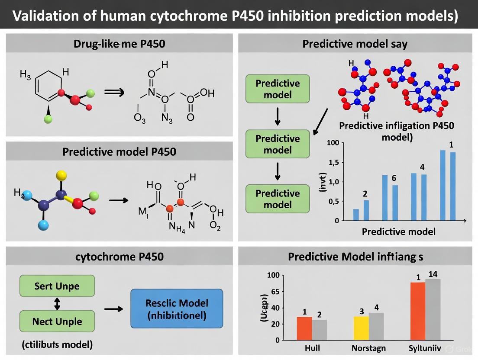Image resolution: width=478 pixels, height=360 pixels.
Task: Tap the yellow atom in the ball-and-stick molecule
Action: [x=61, y=175]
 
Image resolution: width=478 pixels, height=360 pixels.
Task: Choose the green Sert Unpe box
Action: [x=57, y=286]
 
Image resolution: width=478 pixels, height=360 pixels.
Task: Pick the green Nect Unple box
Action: [x=57, y=321]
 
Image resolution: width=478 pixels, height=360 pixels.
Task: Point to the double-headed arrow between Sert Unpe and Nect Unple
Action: [x=57, y=304]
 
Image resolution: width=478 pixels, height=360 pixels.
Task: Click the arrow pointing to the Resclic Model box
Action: [x=114, y=309]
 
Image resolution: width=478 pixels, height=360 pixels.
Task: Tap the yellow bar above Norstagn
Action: [x=361, y=328]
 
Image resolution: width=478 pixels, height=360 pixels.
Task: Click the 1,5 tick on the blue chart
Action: [x=333, y=162]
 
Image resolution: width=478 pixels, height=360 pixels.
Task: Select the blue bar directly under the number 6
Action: [x=395, y=202]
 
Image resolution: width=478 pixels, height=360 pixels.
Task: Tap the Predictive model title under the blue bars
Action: [x=398, y=231]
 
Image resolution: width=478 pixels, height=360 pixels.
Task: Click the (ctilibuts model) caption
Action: [x=57, y=344]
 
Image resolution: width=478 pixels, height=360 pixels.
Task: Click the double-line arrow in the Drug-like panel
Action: [x=115, y=92]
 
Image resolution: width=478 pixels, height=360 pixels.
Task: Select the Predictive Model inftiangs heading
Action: [x=355, y=257]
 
